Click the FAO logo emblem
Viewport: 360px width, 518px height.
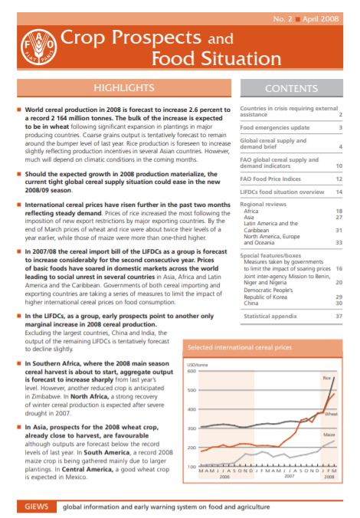[32, 48]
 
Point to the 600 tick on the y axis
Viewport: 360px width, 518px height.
[191, 371]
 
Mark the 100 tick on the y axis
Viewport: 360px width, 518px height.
[191, 466]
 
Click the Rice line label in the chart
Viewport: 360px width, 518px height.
[327, 378]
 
